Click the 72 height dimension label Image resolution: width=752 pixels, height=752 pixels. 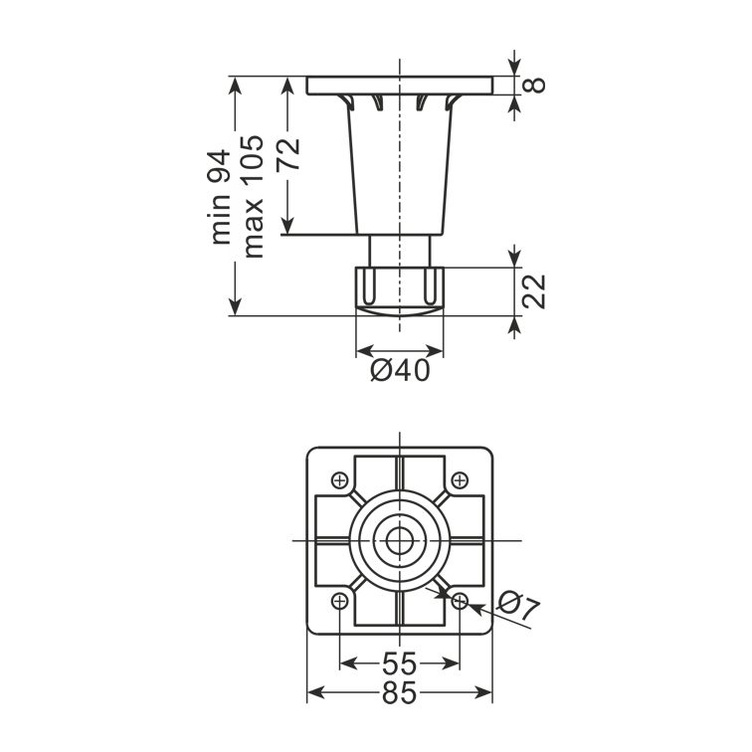click(x=288, y=153)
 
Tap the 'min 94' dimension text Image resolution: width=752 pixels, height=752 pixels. click(x=220, y=197)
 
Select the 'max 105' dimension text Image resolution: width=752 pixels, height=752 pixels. click(x=254, y=197)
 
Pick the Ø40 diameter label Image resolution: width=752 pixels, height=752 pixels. click(x=401, y=370)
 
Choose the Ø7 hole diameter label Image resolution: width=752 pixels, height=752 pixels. click(x=518, y=605)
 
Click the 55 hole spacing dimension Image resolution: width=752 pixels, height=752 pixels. click(x=400, y=663)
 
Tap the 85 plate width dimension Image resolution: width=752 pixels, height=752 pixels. click(x=400, y=693)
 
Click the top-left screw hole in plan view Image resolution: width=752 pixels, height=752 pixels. click(x=340, y=480)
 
